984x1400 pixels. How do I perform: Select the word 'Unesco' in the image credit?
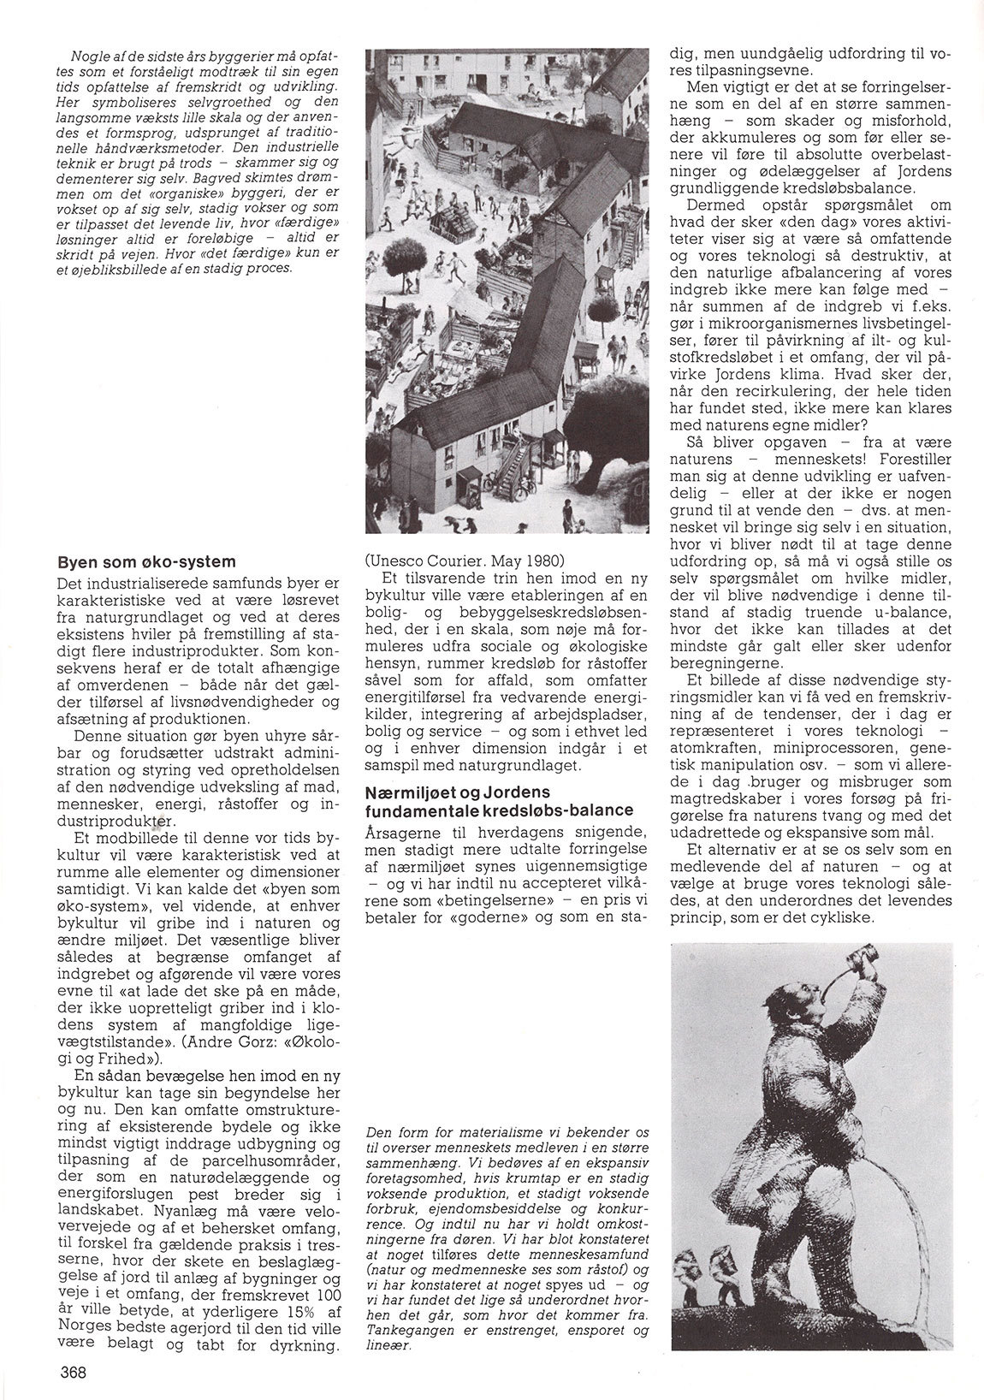pos(396,561)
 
